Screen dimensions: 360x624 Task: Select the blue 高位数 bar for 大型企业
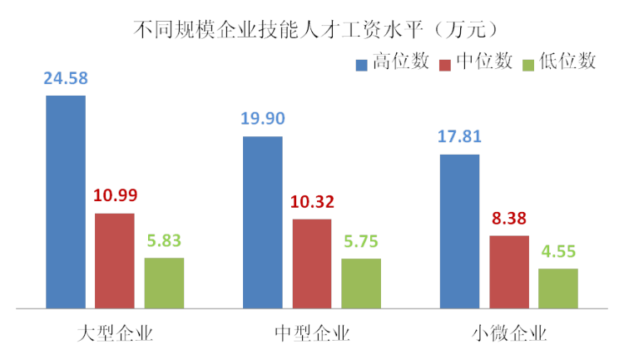tap(66, 202)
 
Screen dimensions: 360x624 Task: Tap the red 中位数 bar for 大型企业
tap(114, 261)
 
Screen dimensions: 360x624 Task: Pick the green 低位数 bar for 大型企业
tap(164, 283)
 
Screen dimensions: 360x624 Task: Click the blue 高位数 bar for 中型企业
tap(262, 222)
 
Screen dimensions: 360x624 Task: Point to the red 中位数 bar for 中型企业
tap(311, 264)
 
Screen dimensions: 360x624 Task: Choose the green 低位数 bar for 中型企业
tap(361, 284)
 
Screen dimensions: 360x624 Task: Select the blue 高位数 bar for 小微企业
tap(459, 231)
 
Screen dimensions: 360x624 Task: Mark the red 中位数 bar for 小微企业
tap(508, 272)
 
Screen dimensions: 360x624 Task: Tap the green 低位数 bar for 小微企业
tap(558, 288)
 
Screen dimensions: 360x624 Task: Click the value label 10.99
tap(115, 196)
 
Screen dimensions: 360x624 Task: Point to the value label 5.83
tap(164, 241)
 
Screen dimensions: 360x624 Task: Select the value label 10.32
tap(312, 202)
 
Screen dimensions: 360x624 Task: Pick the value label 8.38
tap(508, 219)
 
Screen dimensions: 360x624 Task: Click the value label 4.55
tap(558, 252)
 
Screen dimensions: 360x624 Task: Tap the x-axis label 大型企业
tap(115, 334)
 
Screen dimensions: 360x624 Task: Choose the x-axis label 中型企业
tap(312, 334)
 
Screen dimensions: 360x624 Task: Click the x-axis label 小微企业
tap(508, 334)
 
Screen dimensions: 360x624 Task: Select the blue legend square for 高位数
tap(362, 63)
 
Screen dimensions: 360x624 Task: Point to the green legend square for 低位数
tap(527, 63)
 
